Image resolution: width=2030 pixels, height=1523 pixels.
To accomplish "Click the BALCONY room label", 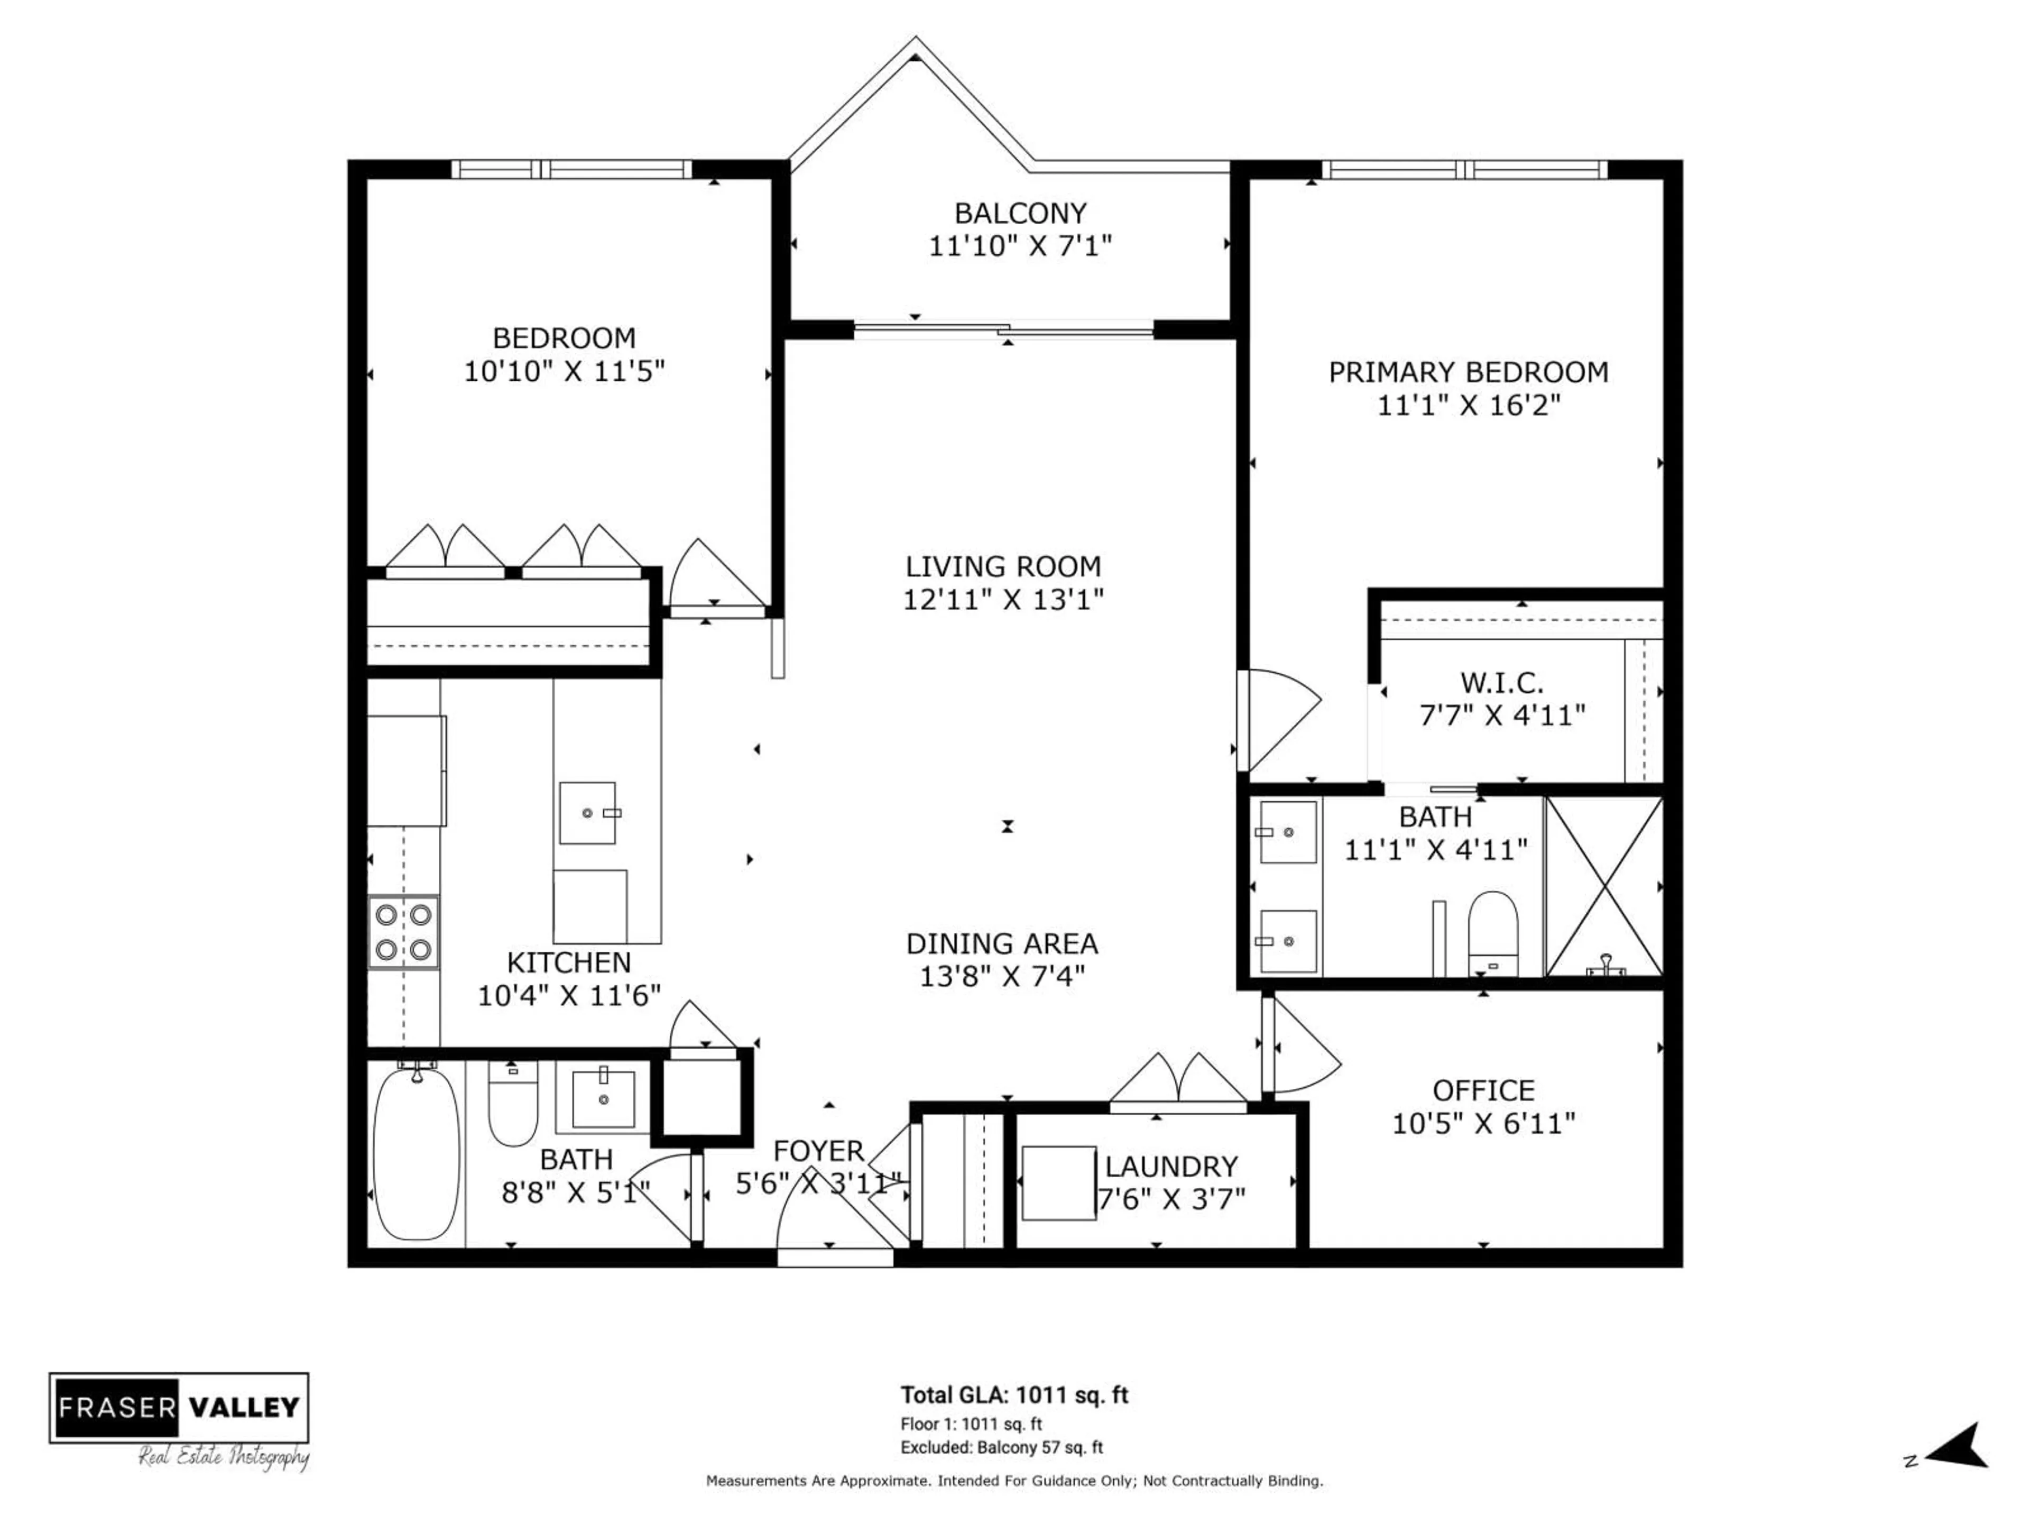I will pos(1020,213).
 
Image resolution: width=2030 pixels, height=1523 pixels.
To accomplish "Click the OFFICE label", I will pos(1483,1090).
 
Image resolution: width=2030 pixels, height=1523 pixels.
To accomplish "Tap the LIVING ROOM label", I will pos(1003,566).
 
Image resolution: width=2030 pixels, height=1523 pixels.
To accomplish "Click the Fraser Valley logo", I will pos(179,1407).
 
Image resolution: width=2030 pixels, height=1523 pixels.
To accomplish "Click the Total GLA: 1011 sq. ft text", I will pos(1014,1396).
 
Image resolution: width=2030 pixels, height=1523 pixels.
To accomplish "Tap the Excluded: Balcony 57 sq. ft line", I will pos(1001,1448).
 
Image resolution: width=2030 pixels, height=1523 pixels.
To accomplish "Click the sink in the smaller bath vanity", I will pos(603,1098).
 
